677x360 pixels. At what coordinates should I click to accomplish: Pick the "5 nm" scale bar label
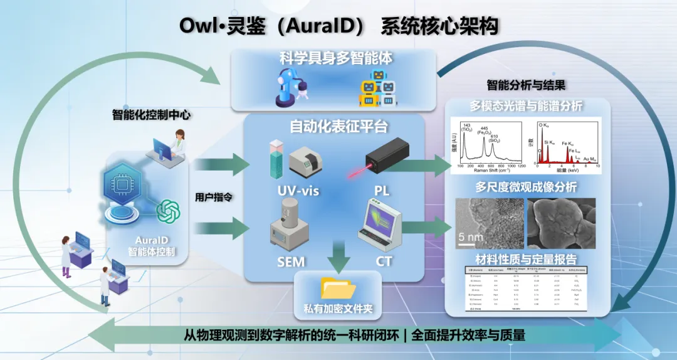(x=470, y=237)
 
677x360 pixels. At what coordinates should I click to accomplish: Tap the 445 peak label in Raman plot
(x=485, y=127)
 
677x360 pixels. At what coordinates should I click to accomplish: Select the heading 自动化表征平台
(x=338, y=127)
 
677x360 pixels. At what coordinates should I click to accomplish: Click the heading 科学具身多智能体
(x=336, y=58)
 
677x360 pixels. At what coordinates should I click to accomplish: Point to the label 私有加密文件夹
(x=338, y=310)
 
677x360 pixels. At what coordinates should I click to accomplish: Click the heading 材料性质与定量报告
(x=532, y=258)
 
